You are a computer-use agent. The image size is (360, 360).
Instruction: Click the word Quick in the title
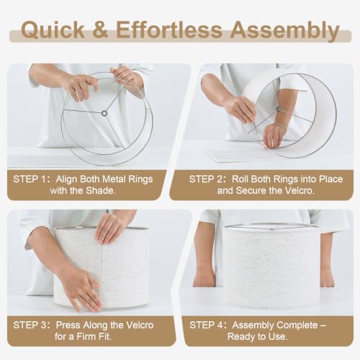(53, 30)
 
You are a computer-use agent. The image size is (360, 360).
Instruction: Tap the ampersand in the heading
(100, 30)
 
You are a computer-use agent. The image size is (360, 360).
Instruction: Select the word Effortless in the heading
(169, 30)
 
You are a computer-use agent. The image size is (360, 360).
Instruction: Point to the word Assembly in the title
(285, 31)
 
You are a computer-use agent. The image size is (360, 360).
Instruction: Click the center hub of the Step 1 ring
(104, 113)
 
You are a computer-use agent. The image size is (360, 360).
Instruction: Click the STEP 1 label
(31, 179)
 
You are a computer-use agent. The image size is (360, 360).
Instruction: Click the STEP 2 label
(207, 179)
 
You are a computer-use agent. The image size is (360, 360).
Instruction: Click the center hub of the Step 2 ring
(279, 109)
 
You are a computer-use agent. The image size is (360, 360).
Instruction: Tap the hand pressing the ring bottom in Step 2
(274, 135)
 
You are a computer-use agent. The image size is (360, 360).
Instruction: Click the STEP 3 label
(32, 325)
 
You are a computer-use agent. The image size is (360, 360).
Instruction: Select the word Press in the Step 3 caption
(68, 325)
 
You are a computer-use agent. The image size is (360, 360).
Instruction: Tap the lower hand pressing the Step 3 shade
(81, 290)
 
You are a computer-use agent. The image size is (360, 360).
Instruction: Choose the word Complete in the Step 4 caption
(297, 325)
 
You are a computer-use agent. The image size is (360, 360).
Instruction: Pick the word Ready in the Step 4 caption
(240, 337)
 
